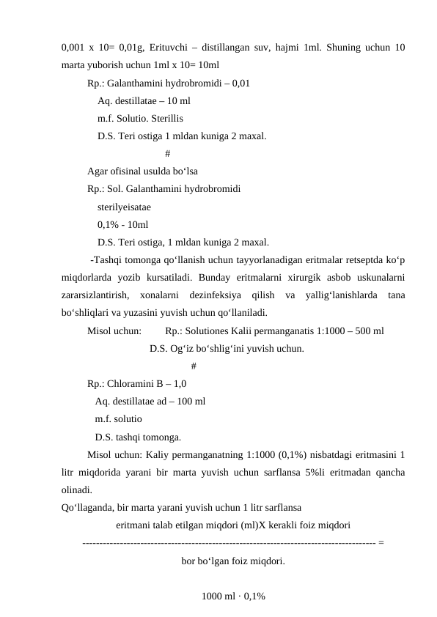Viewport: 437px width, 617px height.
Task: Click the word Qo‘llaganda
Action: pyautogui.click(x=86, y=507)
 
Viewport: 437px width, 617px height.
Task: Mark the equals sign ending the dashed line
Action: pyautogui.click(x=383, y=543)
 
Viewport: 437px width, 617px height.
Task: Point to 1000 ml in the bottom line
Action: pyautogui.click(x=217, y=596)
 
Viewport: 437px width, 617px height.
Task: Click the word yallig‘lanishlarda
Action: pyautogui.click(x=344, y=295)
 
